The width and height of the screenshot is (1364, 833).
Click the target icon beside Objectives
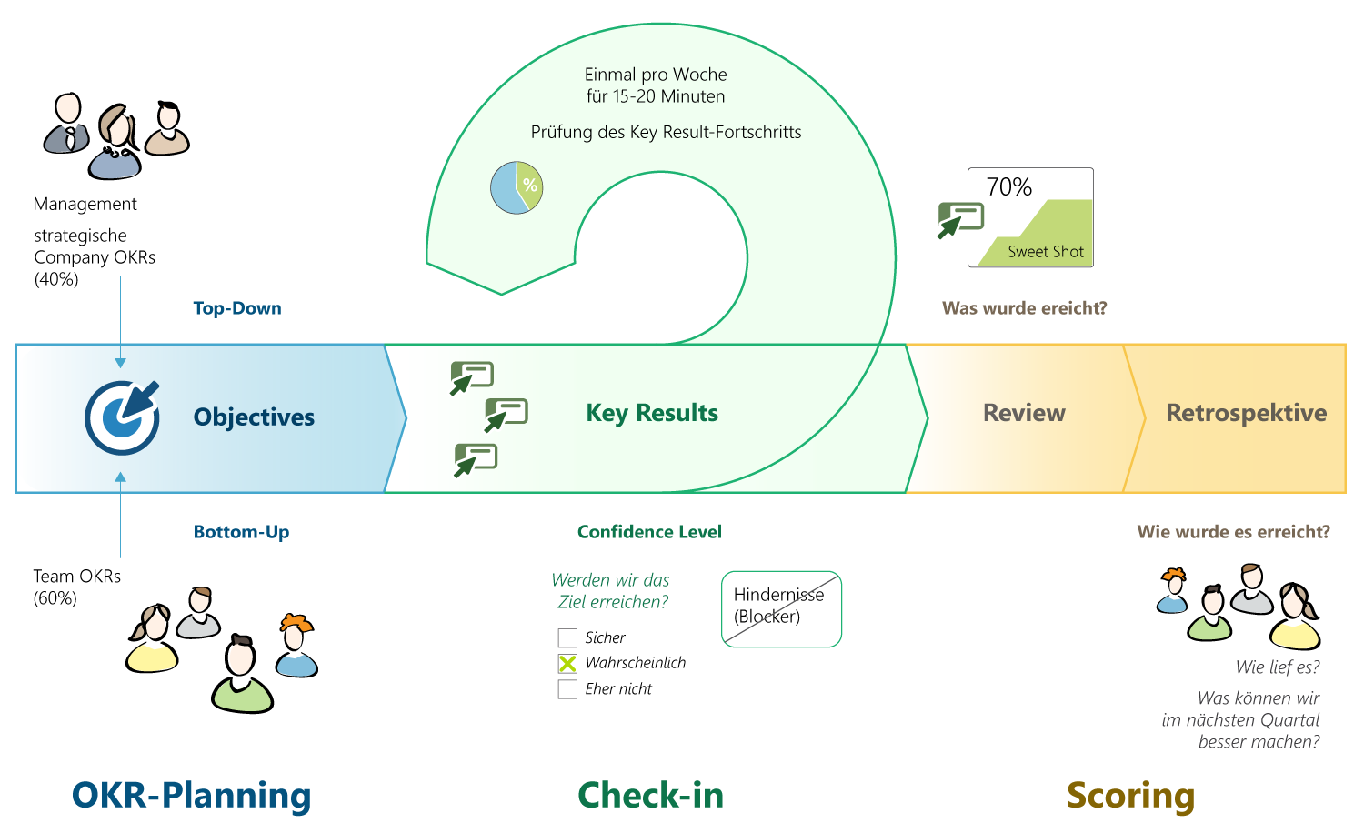point(122,417)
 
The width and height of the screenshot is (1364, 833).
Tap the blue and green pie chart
point(517,187)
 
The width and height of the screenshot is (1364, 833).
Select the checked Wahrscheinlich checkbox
point(567,664)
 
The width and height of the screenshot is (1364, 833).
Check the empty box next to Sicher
point(567,638)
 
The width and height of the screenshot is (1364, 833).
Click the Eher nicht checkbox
point(567,689)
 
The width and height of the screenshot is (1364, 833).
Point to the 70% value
point(1009,187)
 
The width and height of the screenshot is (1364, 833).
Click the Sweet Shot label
point(1046,252)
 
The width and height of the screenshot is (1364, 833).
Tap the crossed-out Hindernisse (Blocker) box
point(781,608)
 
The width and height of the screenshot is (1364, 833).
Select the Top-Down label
point(237,308)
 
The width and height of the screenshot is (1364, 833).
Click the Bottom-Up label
point(241,532)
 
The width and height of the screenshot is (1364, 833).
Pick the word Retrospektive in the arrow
point(1246,413)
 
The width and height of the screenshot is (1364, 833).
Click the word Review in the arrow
point(1024,413)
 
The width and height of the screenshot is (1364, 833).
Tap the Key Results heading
point(652,413)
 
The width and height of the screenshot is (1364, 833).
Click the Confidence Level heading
point(649,532)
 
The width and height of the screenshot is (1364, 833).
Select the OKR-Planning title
point(191,795)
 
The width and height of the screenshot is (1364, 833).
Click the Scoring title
point(1130,795)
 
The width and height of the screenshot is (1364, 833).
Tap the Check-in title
point(651,795)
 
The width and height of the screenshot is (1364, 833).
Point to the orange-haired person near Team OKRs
point(296,647)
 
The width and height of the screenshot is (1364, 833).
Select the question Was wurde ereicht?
point(1024,308)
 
